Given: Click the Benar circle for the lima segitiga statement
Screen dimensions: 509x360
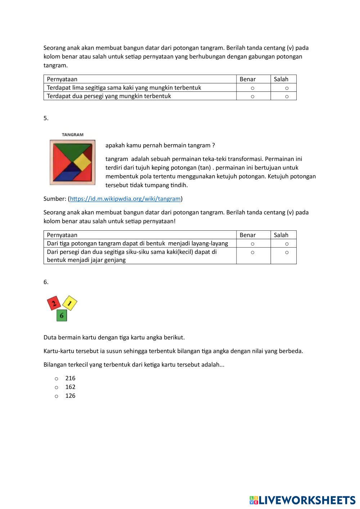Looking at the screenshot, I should pyautogui.click(x=252, y=88).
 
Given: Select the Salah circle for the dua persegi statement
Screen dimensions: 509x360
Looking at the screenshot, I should pyautogui.click(x=287, y=96).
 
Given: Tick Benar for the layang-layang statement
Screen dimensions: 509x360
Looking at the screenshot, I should pyautogui.click(x=252, y=244).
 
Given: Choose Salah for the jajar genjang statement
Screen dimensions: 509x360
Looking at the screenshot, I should pyautogui.click(x=287, y=252).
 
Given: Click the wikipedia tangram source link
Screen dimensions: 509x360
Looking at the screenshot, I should pyautogui.click(x=125, y=199).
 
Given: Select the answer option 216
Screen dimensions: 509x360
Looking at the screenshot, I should pyautogui.click(x=57, y=378).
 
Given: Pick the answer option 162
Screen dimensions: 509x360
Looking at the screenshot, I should pyautogui.click(x=57, y=387).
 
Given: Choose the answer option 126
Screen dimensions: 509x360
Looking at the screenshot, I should pyautogui.click(x=57, y=396).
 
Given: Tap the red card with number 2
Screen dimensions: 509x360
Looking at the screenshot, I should pyautogui.click(x=54, y=303).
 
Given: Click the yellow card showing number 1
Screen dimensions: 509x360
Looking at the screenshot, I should pyautogui.click(x=70, y=303).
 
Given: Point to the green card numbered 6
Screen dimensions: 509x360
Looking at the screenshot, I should pyautogui.click(x=62, y=316).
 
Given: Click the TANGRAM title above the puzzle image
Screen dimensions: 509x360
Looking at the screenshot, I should pyautogui.click(x=72, y=135).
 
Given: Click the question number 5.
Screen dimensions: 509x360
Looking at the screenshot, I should pyautogui.click(x=46, y=118).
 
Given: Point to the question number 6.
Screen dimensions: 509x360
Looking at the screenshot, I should pyautogui.click(x=46, y=282).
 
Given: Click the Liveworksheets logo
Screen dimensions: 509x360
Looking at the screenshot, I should pyautogui.click(x=302, y=500).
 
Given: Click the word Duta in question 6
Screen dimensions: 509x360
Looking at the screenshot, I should pyautogui.click(x=50, y=338).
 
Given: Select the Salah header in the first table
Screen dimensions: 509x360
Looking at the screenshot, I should pyautogui.click(x=281, y=79).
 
